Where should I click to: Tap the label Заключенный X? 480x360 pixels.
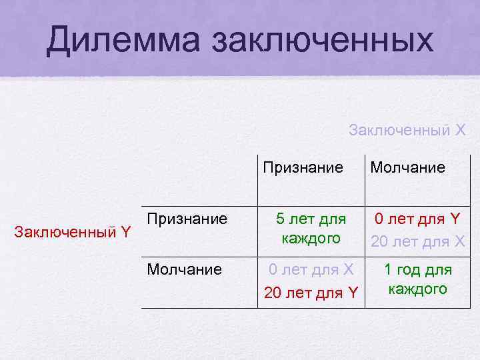(x=407, y=130)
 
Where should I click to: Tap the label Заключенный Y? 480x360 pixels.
(x=73, y=232)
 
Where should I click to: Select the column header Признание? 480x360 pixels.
(x=303, y=167)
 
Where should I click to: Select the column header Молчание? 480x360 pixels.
(x=407, y=167)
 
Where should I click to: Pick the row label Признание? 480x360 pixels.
(x=187, y=219)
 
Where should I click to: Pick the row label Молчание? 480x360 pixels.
(x=184, y=269)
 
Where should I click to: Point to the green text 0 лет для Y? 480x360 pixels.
(x=417, y=219)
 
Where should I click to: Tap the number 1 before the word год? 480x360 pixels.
(x=388, y=270)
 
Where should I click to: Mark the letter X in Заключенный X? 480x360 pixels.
(x=459, y=130)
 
